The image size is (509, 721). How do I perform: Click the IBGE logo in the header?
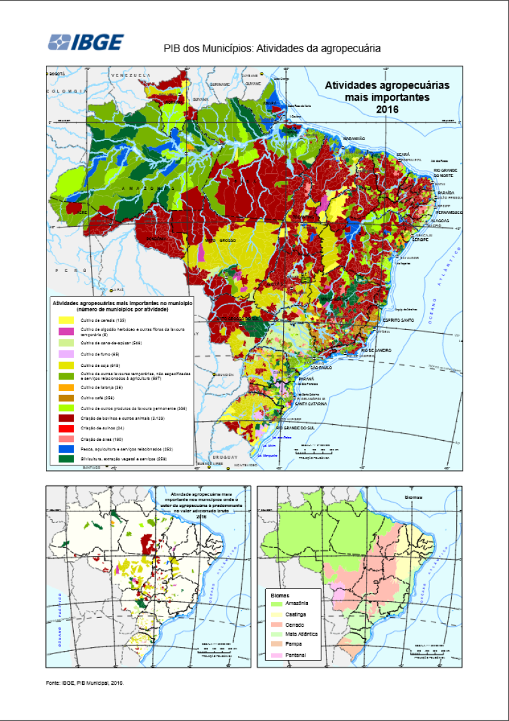click(x=86, y=42)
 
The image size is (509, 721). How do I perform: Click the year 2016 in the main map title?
click(x=387, y=110)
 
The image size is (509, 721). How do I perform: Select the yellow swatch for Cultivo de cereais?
click(x=66, y=320)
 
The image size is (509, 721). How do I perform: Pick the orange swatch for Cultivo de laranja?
click(x=66, y=387)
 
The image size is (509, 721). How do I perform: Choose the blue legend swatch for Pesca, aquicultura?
click(x=66, y=448)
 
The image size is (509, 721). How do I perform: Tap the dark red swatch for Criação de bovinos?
click(x=66, y=418)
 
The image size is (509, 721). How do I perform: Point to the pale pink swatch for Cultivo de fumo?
click(x=66, y=353)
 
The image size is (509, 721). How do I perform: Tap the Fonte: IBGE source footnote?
click(x=85, y=683)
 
